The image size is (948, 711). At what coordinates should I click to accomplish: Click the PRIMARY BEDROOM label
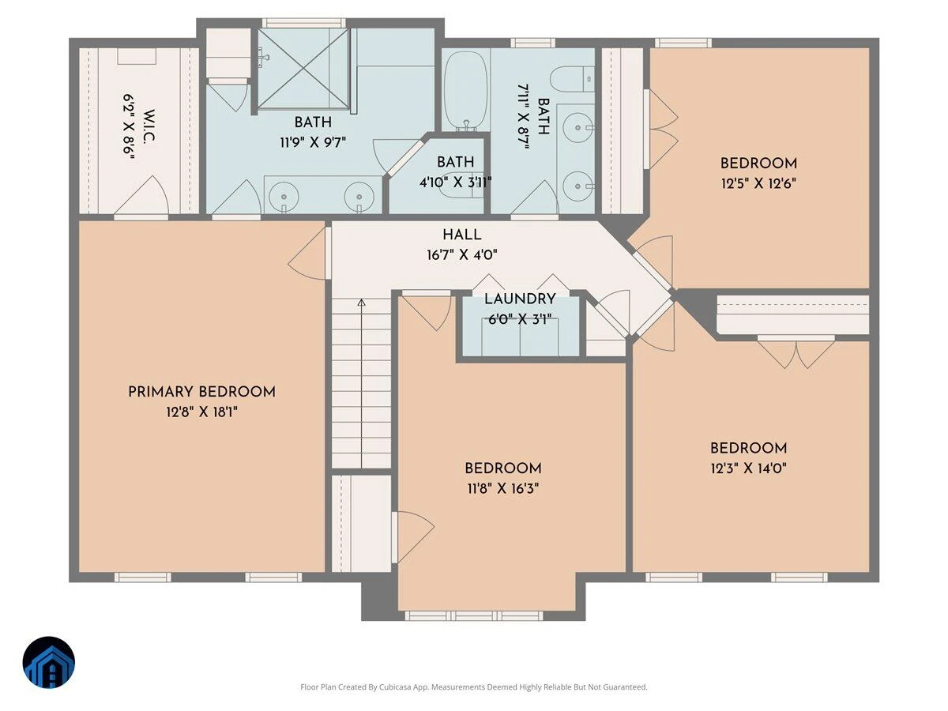point(201,392)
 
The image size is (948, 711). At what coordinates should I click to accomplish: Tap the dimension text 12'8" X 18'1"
point(201,412)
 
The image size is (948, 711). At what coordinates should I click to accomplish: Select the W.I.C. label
point(149,126)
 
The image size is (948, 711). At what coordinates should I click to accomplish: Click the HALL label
point(461,235)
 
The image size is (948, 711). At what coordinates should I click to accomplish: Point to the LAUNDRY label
point(520,299)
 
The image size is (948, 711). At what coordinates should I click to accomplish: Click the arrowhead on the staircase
point(362,303)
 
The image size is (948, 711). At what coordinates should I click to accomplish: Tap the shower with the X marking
point(303,68)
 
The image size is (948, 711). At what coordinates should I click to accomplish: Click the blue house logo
point(49,662)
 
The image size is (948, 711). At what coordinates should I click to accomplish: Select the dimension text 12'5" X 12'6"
point(758,184)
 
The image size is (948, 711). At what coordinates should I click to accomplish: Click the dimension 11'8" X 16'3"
point(503,489)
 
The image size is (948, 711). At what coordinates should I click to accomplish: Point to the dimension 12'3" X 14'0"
point(748,468)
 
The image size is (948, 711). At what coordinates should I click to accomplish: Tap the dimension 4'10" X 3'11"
point(455,182)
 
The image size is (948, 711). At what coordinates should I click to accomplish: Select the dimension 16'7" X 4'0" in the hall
point(461,255)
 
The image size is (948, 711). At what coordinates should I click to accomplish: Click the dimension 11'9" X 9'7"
point(313,142)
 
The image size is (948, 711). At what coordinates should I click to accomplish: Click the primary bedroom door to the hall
point(307,254)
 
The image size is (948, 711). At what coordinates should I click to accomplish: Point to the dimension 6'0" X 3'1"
point(520,319)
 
